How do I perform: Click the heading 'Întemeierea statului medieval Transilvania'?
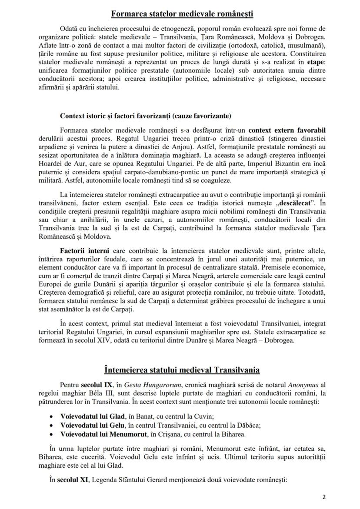click(182, 370)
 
